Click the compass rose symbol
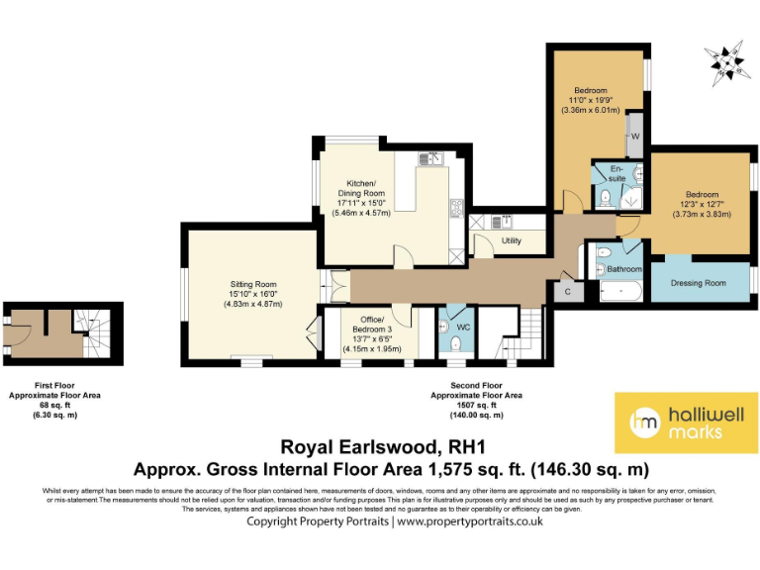(x=730, y=61)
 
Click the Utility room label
(x=512, y=240)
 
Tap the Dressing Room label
(x=698, y=283)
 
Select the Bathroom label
(x=624, y=269)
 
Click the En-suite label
(x=617, y=173)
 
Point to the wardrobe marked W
(x=635, y=135)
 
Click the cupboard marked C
(x=568, y=292)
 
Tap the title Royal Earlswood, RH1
(x=379, y=446)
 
